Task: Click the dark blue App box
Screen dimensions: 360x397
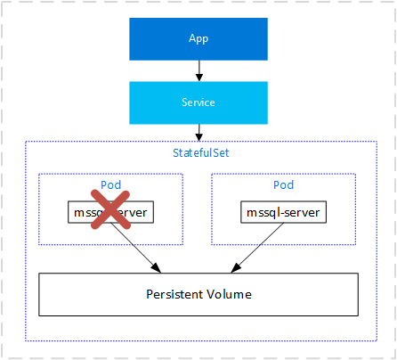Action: coord(198,39)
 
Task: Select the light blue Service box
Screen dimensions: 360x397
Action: coord(198,102)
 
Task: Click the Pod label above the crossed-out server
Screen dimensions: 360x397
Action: coord(110,185)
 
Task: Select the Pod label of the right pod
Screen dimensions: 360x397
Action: coord(282,185)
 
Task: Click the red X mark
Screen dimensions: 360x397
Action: coord(109,212)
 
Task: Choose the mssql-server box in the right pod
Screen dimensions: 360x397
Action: coord(282,213)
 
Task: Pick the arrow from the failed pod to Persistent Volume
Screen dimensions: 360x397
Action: coord(134,245)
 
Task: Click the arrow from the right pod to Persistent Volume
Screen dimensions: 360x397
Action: coord(258,245)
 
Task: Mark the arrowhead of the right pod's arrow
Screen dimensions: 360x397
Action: coord(235,268)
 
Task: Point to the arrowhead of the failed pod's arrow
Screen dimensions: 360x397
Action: coord(158,268)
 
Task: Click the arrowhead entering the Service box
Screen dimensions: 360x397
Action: coord(198,78)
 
